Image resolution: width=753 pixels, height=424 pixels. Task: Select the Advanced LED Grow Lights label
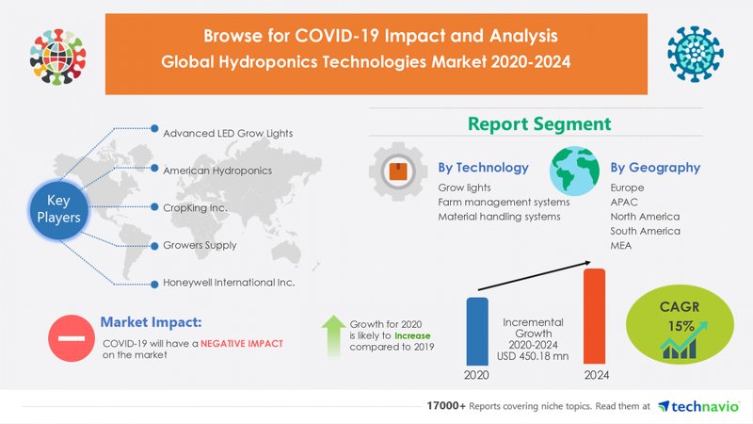tap(228, 133)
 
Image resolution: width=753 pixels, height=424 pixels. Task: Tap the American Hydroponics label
tap(216, 170)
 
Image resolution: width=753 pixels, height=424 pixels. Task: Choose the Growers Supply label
tap(200, 245)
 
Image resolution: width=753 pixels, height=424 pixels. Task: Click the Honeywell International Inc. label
tap(229, 283)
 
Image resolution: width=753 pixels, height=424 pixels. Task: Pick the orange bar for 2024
tap(595, 316)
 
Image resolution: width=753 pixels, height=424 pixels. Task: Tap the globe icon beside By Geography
tap(575, 171)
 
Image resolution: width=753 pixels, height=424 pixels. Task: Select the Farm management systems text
tap(504, 202)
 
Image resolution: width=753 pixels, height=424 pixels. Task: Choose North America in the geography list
tap(645, 217)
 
